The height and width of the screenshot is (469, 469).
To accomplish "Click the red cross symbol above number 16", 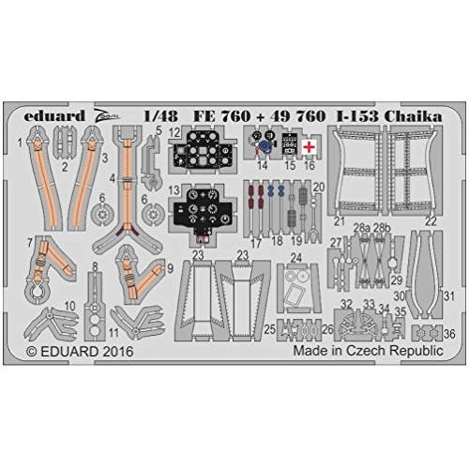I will click(309, 148).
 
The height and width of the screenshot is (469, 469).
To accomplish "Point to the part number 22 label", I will click(431, 221).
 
